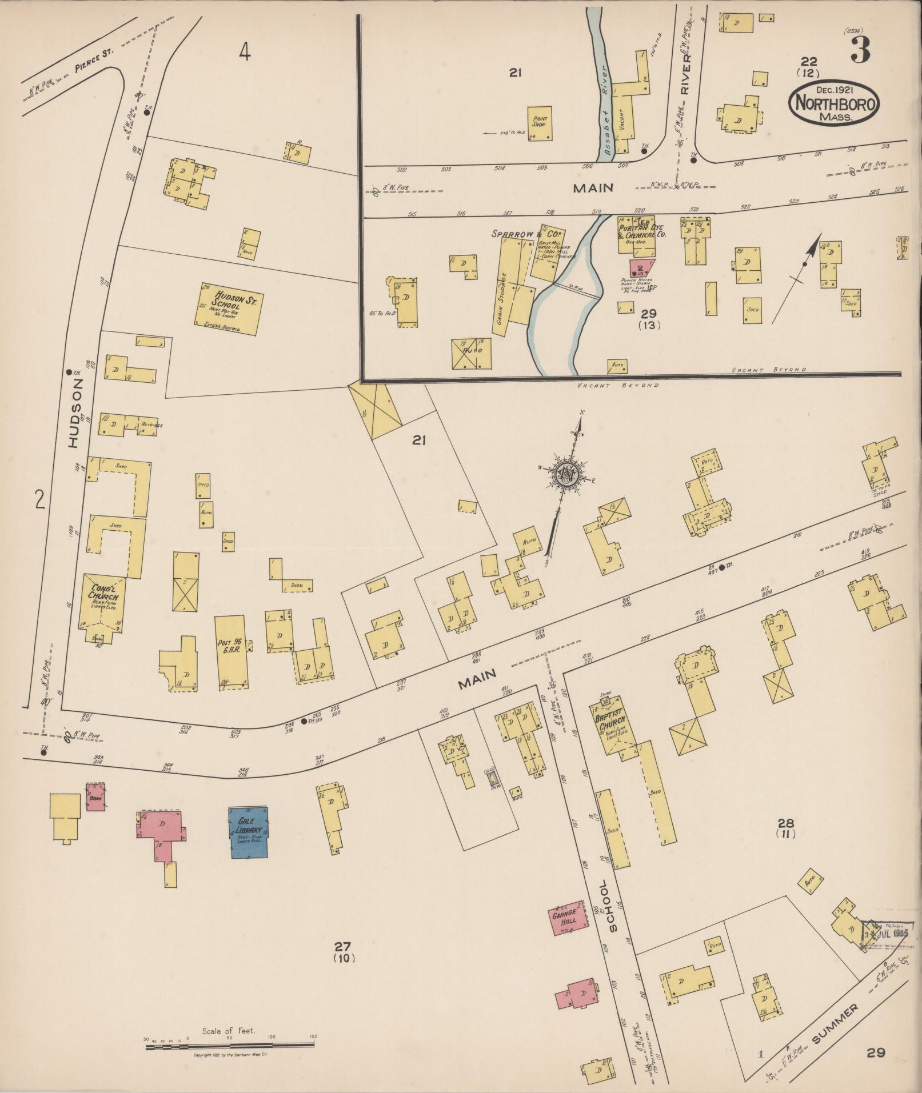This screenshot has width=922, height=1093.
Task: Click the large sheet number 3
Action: (860, 50)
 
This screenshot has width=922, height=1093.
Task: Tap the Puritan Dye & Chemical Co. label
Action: (641, 231)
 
